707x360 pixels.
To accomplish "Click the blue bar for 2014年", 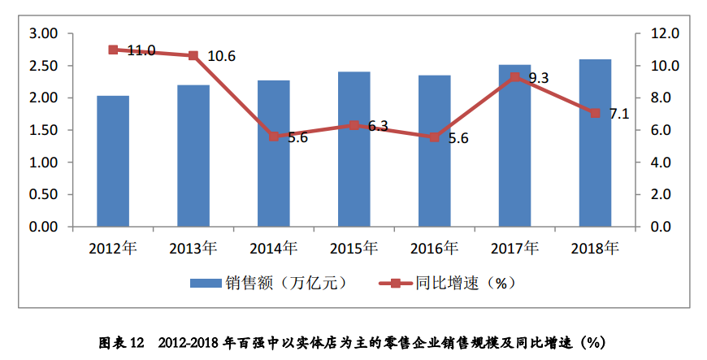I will (x=274, y=154).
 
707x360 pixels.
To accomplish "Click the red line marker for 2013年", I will (x=193, y=55).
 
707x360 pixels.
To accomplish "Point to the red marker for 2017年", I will (x=515, y=77).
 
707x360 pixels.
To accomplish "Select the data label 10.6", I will (x=221, y=57).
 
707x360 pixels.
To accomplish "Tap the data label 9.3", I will (x=539, y=79).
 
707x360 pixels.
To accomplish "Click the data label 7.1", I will (x=619, y=114).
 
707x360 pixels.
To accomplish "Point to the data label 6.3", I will (x=378, y=126).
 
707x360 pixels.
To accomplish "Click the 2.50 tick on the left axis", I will (x=43, y=66).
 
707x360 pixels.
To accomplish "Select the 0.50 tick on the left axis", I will (x=43, y=195).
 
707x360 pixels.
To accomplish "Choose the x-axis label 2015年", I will (x=354, y=247).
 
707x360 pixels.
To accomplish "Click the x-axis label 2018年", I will (x=596, y=247).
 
